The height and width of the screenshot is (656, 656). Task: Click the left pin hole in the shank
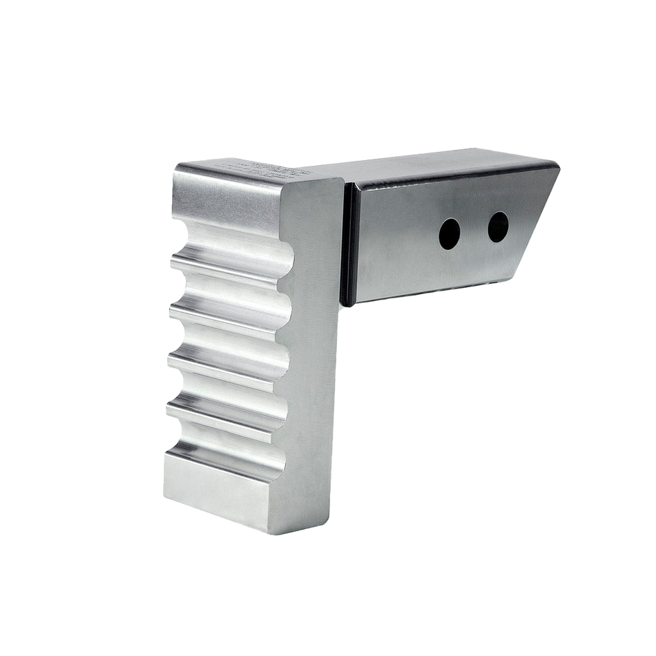click(450, 234)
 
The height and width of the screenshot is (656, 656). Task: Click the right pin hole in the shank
click(498, 226)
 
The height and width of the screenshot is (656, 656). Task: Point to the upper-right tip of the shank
click(558, 166)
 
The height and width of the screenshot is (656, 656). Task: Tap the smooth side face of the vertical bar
click(314, 359)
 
